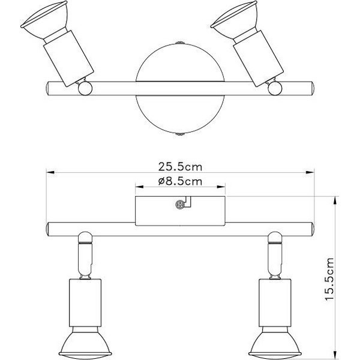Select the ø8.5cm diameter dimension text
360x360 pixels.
tap(179, 180)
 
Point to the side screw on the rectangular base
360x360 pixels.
tap(179, 204)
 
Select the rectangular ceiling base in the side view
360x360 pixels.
tap(180, 210)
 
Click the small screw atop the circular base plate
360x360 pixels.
tap(179, 43)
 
